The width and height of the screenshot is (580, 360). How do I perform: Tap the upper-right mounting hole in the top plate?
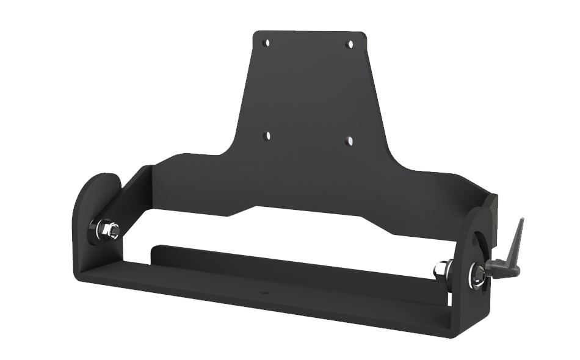pyautogui.click(x=350, y=44)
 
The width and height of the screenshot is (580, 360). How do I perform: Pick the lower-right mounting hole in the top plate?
pyautogui.click(x=350, y=140)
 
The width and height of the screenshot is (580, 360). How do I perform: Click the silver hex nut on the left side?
pyautogui.click(x=110, y=230)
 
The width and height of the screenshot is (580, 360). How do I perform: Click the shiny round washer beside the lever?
pyautogui.click(x=475, y=276)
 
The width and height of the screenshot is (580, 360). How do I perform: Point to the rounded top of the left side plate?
pyautogui.click(x=101, y=181)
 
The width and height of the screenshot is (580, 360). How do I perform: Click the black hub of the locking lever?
pyautogui.click(x=493, y=268)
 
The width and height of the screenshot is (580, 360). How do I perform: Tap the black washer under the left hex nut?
pyautogui.click(x=99, y=232)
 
